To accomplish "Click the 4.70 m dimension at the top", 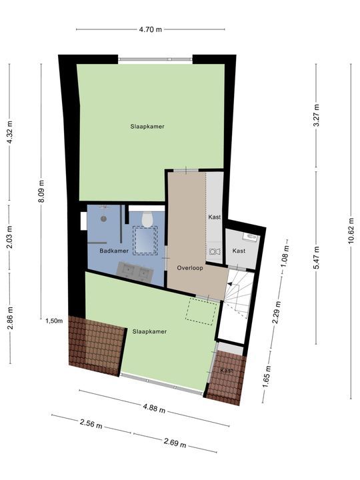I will [150, 29].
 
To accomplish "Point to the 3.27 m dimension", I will [317, 115].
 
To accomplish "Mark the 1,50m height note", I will [54, 321].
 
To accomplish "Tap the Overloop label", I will [189, 267].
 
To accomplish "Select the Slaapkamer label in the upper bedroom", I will [147, 126].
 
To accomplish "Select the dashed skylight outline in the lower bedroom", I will [201, 311].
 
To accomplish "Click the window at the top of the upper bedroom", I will [156, 59].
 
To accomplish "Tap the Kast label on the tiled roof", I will [227, 371].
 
